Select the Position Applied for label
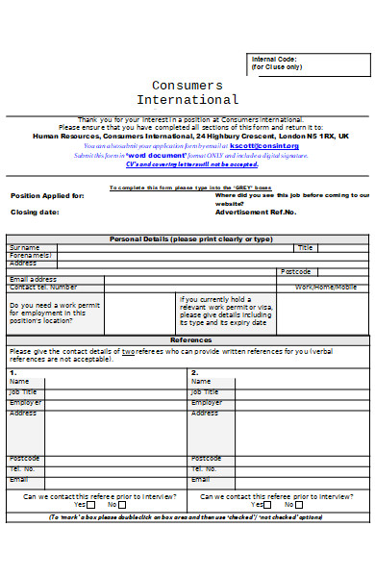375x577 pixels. [x=47, y=195]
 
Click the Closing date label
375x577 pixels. [x=35, y=212]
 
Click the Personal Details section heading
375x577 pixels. [x=191, y=238]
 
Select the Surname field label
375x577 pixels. [x=25, y=247]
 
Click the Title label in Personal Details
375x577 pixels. [x=306, y=247]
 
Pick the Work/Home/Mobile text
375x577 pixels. [x=325, y=287]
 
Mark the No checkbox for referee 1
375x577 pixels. [x=122, y=505]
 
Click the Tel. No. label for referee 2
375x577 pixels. [x=206, y=468]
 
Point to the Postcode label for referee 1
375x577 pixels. [x=25, y=458]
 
